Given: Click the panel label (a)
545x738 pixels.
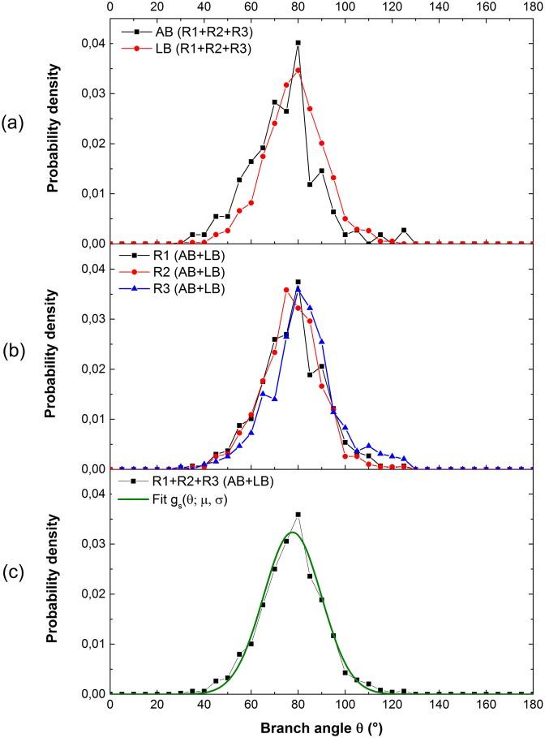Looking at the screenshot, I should tap(15, 124).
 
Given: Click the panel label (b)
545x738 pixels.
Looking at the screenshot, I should tap(15, 357).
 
